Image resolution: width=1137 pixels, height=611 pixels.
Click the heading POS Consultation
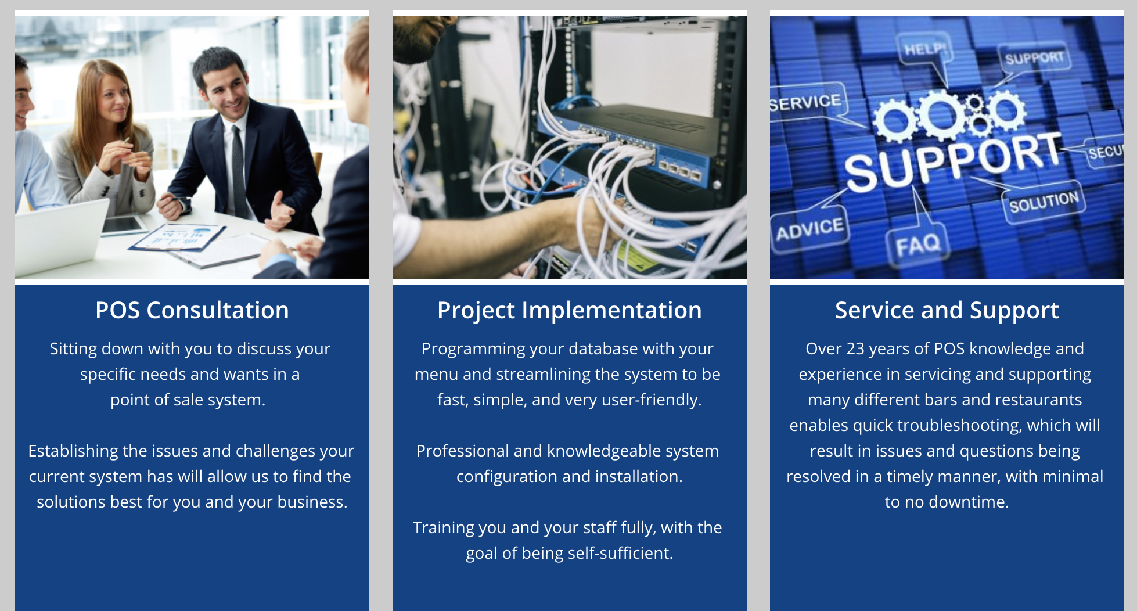[192, 310]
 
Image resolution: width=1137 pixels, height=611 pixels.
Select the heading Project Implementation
[569, 311]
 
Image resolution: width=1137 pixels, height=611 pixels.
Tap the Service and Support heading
[947, 311]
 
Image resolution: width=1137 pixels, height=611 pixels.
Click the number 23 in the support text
[855, 348]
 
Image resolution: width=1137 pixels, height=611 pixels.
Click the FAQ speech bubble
[917, 245]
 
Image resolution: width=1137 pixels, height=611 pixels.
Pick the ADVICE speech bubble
[809, 229]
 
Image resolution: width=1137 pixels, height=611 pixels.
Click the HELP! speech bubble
[924, 49]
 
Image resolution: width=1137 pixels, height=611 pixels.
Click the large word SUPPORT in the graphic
[952, 161]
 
